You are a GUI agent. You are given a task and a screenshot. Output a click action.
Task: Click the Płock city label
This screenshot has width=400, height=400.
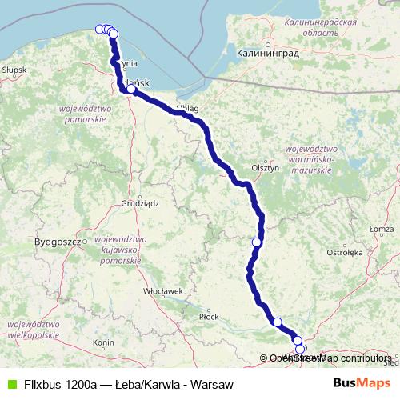click(209, 317)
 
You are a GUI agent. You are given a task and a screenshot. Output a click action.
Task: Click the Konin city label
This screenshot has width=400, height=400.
click(103, 342)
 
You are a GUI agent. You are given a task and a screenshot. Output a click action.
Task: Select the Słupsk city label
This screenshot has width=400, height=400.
click(14, 70)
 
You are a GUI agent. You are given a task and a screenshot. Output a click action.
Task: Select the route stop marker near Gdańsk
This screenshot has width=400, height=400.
click(131, 90)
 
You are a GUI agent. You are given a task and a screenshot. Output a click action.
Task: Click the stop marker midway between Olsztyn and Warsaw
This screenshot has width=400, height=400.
click(257, 242)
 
